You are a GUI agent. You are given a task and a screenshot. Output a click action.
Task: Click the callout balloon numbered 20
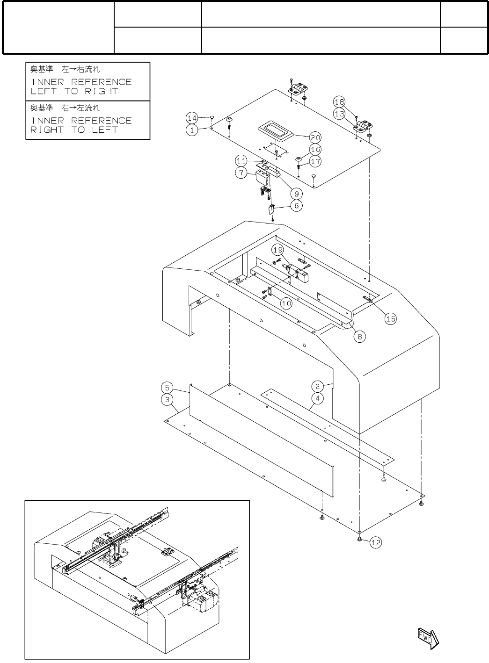pos(315,137)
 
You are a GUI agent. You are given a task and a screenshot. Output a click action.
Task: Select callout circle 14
pos(192,118)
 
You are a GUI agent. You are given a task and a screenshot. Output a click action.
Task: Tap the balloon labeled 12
pos(376,542)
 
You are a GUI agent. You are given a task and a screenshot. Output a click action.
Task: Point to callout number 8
pos(359,337)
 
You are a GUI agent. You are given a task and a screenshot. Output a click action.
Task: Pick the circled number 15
pos(391,319)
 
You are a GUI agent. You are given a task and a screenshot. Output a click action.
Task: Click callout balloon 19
pos(278,250)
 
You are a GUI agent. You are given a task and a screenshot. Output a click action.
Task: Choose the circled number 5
pos(167,388)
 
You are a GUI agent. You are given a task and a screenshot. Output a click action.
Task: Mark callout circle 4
pos(318,399)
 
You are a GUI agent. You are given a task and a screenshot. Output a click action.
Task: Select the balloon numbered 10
pos(286,303)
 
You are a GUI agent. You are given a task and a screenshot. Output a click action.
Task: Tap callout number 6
pos(297,206)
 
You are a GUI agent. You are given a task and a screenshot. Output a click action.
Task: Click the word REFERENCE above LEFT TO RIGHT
pos(101,82)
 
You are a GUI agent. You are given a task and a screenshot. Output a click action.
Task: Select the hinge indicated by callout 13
pos(364,126)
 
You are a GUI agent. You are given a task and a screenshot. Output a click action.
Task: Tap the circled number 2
pos(318,386)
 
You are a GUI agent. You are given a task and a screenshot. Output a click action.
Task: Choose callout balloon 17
pos(315,162)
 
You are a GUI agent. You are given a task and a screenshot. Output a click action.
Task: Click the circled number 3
pos(167,400)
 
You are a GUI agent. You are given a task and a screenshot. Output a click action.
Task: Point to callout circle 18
pos(339,102)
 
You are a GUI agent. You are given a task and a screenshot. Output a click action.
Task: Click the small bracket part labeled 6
pos(271,209)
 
